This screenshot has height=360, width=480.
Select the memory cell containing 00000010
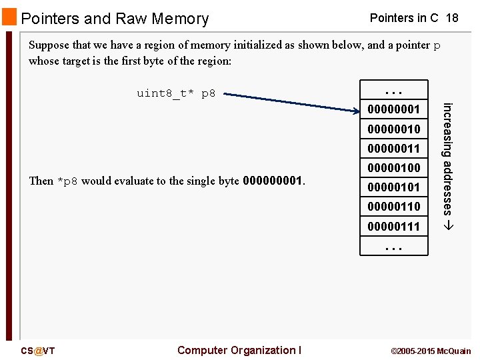(x=393, y=129)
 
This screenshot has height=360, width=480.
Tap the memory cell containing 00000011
(x=393, y=148)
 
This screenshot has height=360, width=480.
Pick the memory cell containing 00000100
(x=393, y=167)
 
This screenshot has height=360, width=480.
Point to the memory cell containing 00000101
(x=393, y=187)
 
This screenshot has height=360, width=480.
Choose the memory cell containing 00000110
(x=393, y=207)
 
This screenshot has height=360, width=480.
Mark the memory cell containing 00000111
(x=393, y=227)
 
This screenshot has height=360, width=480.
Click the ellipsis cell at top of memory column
(x=393, y=90)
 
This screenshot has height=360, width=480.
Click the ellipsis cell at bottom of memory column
(x=393, y=247)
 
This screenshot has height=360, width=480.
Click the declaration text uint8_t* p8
(x=176, y=93)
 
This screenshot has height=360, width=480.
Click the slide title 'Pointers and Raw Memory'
(x=115, y=19)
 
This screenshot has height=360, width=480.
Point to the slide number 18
(x=452, y=18)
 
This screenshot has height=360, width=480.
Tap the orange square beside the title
(x=9, y=17)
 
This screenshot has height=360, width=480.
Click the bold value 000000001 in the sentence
(x=273, y=181)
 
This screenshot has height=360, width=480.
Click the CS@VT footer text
(x=37, y=351)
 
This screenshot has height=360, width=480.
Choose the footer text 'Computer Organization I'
(x=239, y=350)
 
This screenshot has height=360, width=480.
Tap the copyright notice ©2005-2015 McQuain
(x=430, y=351)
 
